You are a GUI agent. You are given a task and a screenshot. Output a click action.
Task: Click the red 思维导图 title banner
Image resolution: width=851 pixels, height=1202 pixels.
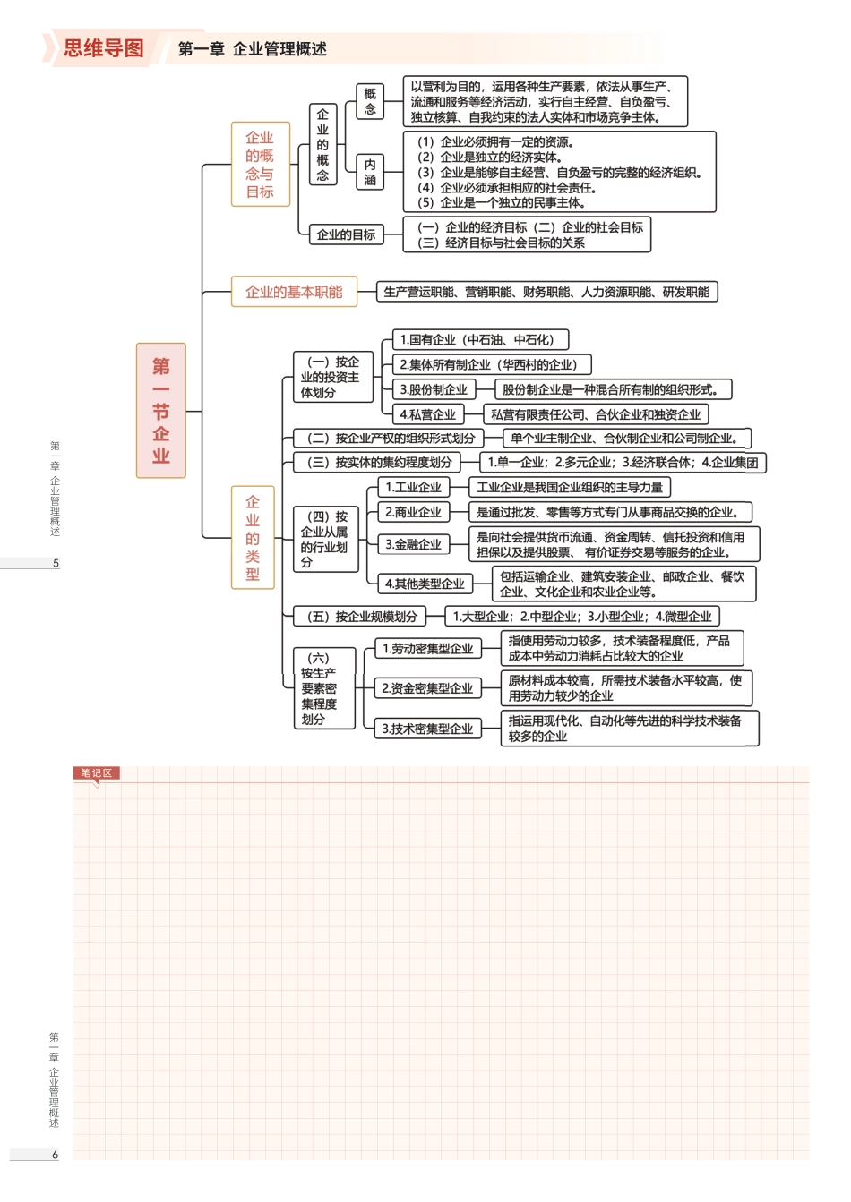(x=103, y=48)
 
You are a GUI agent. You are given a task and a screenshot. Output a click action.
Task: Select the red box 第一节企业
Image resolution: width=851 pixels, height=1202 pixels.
(x=161, y=410)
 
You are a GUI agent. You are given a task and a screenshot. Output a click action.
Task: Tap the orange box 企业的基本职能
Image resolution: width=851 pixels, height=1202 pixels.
(x=294, y=292)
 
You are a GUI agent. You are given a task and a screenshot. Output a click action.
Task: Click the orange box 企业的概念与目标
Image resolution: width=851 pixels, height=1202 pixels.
(x=260, y=165)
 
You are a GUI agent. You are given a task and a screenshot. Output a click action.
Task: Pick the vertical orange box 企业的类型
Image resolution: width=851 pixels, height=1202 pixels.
(x=253, y=538)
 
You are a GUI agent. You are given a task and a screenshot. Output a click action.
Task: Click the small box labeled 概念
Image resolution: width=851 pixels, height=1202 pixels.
(x=370, y=101)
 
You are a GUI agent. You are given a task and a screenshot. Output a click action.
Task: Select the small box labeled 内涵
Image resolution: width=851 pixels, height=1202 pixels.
(x=370, y=172)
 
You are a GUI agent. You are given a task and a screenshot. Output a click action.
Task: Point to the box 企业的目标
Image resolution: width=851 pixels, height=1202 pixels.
(x=346, y=234)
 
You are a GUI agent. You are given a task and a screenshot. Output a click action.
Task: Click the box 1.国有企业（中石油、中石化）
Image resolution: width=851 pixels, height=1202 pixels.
(x=480, y=340)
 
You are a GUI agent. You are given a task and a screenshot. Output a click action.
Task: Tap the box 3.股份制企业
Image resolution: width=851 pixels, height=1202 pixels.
(x=434, y=389)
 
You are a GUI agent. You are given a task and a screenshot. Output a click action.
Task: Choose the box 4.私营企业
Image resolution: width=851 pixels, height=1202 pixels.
(x=427, y=414)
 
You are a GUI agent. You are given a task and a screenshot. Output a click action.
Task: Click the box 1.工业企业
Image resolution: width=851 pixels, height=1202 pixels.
(x=413, y=488)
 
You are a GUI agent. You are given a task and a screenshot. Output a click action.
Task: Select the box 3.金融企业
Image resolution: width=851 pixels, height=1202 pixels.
(x=413, y=544)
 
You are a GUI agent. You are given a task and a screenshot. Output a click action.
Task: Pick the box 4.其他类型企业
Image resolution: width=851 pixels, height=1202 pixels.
(x=425, y=584)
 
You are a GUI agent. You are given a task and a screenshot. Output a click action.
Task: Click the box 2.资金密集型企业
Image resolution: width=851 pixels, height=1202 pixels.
(x=427, y=688)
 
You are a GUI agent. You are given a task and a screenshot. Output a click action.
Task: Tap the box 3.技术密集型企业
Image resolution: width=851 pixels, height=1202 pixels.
(x=427, y=729)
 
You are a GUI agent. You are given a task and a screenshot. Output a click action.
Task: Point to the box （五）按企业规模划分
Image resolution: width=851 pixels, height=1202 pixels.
(x=362, y=617)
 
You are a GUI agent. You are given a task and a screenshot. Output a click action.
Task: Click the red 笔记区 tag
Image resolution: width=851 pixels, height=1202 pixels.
(x=96, y=773)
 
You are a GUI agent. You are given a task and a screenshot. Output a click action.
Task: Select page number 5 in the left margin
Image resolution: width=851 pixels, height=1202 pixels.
(x=56, y=564)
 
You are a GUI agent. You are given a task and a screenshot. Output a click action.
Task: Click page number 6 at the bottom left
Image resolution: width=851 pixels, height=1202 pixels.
(x=55, y=1155)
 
